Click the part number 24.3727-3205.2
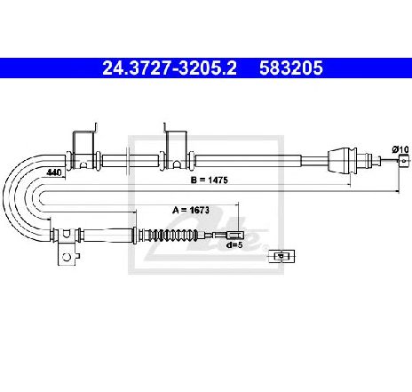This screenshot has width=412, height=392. coord(170,68)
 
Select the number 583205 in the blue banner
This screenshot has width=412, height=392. coord(291,68)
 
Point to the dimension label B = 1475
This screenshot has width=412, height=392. coord(210,180)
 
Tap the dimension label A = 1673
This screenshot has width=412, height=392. coord(191,210)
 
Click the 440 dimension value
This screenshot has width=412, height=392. coord(54,172)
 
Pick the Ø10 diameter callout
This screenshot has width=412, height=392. coord(400,149)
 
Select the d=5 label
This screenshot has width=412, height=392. coord(234,245)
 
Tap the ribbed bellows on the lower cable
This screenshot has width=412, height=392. coord(172,236)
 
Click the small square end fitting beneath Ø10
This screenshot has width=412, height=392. coord(404,161)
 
